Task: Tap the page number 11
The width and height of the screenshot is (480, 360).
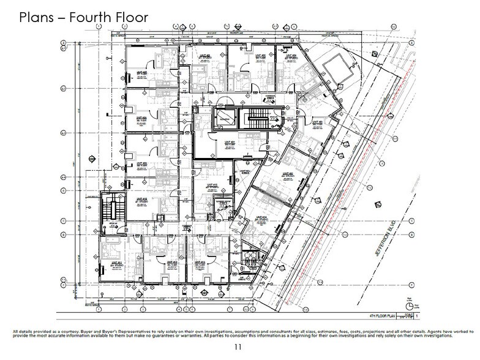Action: click(239, 348)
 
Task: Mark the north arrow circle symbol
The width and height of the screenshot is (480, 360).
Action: click(407, 304)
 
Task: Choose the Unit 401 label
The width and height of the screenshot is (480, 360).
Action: click(230, 143)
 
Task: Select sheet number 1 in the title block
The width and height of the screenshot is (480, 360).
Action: click(418, 317)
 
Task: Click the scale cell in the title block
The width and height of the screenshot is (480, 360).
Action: click(406, 317)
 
